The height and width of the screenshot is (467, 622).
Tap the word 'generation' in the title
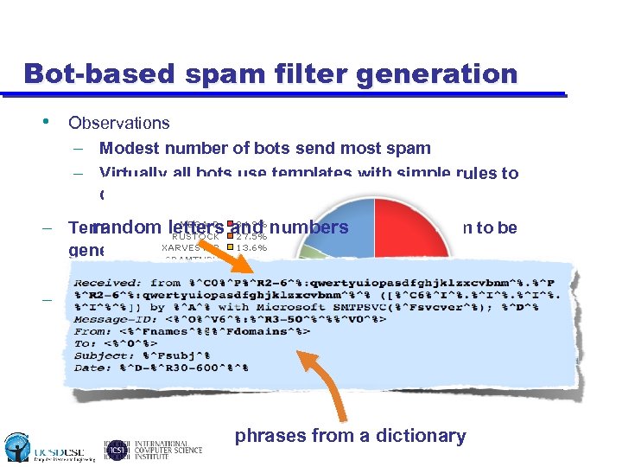[x=431, y=74]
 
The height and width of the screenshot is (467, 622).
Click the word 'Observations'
[x=119, y=124]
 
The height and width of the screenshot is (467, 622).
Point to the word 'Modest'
[x=127, y=149]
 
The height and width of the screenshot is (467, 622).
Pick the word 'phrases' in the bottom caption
[x=268, y=436]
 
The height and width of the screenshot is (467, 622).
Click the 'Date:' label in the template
[x=92, y=367]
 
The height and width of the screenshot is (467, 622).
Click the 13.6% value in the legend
[x=251, y=247]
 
